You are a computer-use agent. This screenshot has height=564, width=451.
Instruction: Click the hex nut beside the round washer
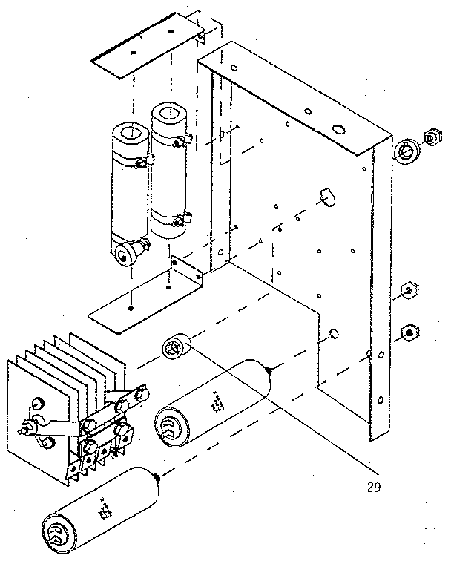[x=429, y=138]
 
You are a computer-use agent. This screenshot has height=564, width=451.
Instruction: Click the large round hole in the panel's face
[x=326, y=194]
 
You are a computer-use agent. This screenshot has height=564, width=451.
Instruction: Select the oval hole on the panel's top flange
[x=338, y=129]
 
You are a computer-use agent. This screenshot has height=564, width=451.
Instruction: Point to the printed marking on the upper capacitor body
[x=217, y=403]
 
